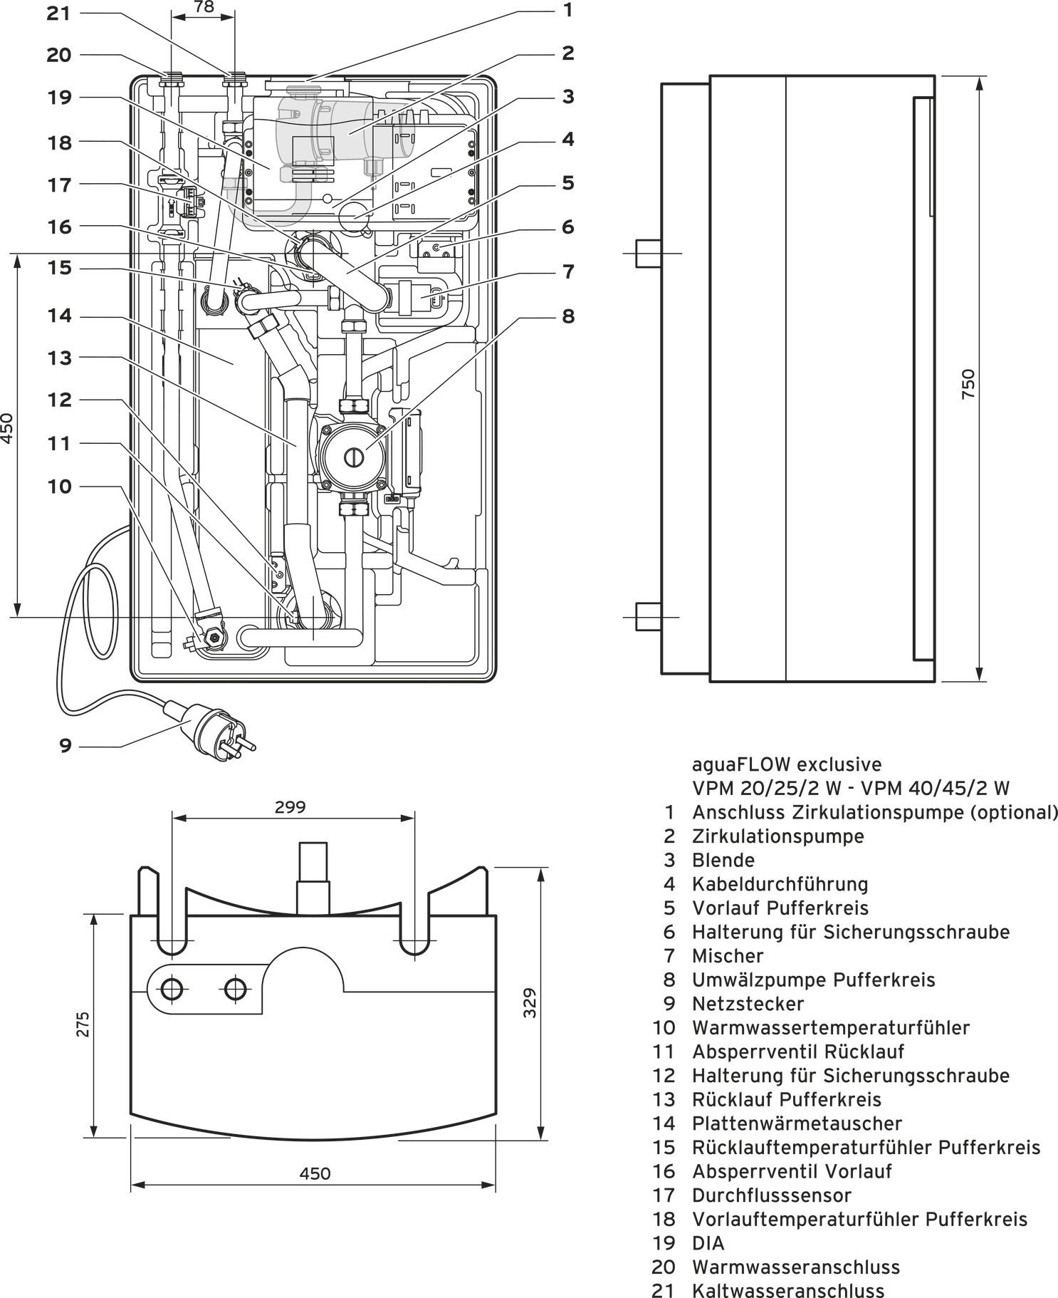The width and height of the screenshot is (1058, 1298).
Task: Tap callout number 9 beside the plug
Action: (66, 746)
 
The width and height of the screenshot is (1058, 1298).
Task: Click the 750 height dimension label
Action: (968, 383)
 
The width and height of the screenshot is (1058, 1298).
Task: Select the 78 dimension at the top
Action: (204, 7)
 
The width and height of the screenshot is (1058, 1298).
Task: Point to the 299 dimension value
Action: (290, 807)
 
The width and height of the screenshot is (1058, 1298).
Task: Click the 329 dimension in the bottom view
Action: (530, 1002)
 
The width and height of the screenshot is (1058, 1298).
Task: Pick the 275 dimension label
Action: (84, 1024)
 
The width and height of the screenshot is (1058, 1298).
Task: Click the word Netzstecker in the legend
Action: (748, 1004)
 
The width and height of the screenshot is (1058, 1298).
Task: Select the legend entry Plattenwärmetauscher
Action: (797, 1123)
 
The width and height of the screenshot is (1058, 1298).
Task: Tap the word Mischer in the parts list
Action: (727, 956)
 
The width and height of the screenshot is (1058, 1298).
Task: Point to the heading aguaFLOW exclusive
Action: (787, 764)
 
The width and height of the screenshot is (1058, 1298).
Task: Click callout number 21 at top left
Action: (58, 13)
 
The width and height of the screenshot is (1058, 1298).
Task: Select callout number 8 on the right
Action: (567, 316)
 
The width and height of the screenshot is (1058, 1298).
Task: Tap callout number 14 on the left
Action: (60, 315)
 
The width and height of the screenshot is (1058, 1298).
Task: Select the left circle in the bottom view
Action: (172, 988)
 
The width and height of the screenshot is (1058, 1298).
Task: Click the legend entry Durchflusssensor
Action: (771, 1195)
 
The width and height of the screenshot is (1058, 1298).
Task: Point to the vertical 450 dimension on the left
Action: (7, 427)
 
